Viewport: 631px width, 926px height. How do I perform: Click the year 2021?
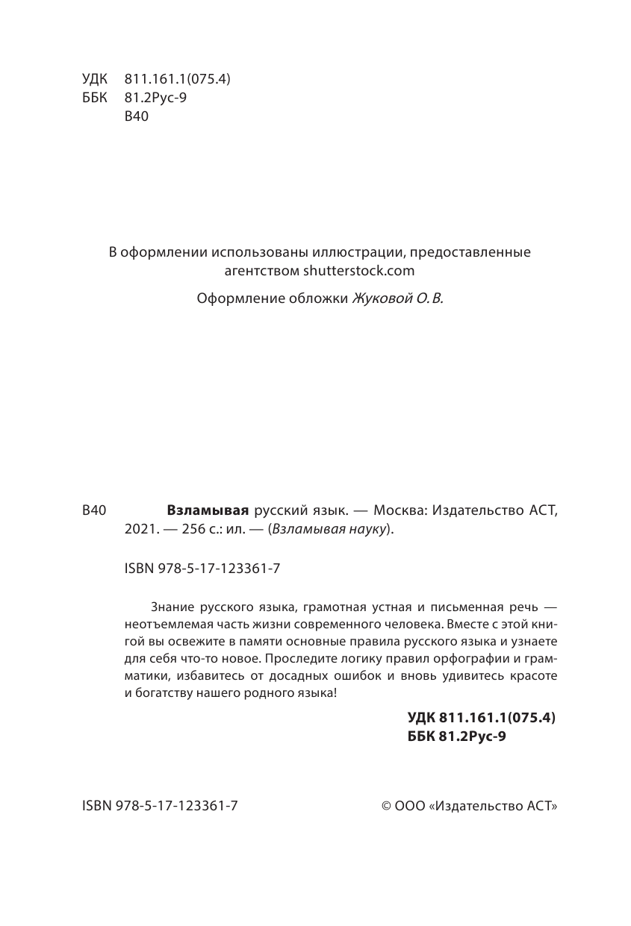[138, 531]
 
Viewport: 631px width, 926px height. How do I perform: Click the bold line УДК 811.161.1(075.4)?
[482, 718]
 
